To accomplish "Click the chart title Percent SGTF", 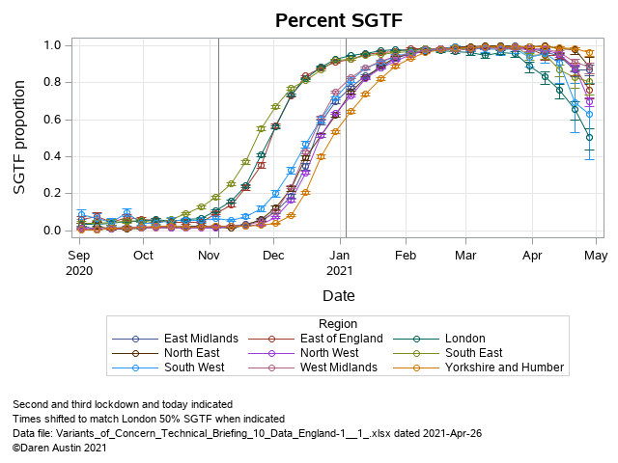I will (x=338, y=20).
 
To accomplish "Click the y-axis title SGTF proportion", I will (x=20, y=137).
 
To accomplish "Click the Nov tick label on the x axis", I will (x=209, y=256).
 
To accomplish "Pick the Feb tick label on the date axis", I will (x=405, y=256).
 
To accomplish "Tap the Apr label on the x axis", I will (x=531, y=256).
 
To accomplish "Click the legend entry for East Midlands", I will (x=199, y=339).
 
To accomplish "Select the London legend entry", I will (x=464, y=339).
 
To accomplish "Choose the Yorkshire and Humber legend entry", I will (x=504, y=368).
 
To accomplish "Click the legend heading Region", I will (x=337, y=324).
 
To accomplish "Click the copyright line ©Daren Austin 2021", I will (x=59, y=449).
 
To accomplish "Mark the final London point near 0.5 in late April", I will (x=590, y=137).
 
